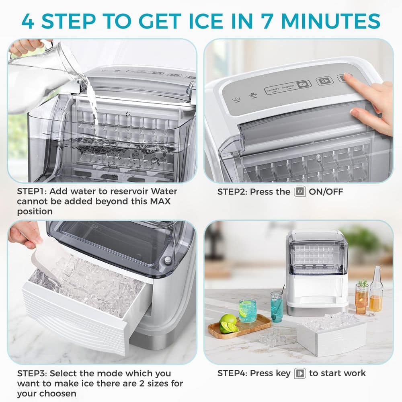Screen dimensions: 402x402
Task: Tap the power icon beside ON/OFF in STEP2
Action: pyautogui.click(x=299, y=191)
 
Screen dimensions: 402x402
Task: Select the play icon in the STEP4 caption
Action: pyautogui.click(x=300, y=373)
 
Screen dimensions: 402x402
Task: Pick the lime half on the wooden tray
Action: pyautogui.click(x=228, y=324)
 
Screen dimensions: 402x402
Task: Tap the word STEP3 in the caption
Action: pyautogui.click(x=32, y=373)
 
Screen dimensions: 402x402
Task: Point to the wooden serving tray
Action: pyautogui.click(x=239, y=326)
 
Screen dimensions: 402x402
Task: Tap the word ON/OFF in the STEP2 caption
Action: pyautogui.click(x=326, y=191)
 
